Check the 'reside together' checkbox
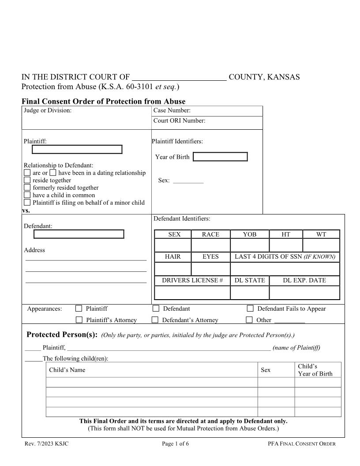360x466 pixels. tap(27, 180)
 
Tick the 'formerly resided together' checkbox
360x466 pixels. tap(27, 188)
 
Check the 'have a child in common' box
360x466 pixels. tap(27, 195)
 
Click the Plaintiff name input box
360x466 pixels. tap(77, 150)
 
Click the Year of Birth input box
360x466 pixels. tap(220, 157)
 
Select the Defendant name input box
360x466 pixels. tap(79, 234)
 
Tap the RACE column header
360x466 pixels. tap(210, 234)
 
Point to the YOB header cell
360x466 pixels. tap(250, 234)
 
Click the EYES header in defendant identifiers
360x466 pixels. tap(210, 256)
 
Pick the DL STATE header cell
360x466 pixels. tap(250, 280)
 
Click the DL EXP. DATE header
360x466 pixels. tap(304, 280)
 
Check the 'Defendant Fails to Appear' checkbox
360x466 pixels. tap(250, 308)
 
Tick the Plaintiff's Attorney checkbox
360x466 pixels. tap(79, 320)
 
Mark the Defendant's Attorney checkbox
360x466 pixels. tap(155, 320)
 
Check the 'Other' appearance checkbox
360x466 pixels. tap(249, 320)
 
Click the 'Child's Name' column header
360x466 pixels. tap(67, 370)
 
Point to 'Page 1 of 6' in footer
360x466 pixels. tap(175, 443)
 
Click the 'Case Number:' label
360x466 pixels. tap(172, 111)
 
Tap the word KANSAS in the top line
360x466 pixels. tap(282, 77)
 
